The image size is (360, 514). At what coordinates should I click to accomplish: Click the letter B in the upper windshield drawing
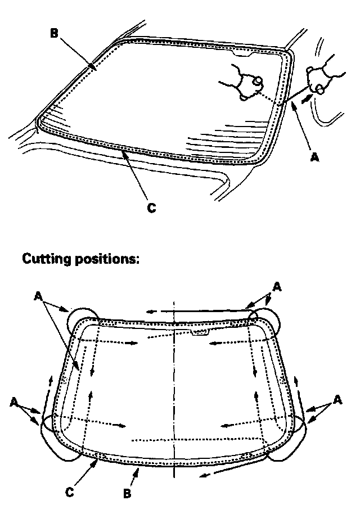point(53,33)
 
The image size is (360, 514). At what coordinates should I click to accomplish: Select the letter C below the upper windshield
point(151,208)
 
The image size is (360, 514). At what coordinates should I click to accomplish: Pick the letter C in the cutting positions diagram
point(69,492)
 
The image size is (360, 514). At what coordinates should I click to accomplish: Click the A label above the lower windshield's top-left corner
point(38,294)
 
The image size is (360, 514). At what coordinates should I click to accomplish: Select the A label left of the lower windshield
point(15,402)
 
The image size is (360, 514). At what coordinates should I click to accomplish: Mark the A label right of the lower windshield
point(337,399)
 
